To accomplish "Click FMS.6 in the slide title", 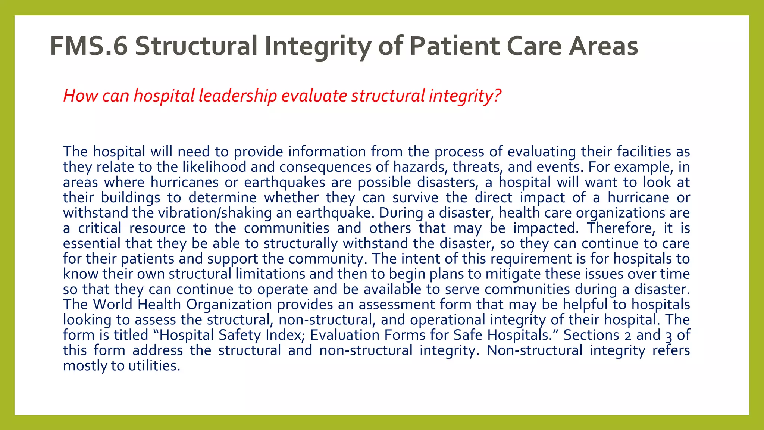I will [89, 46].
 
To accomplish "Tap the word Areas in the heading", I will [603, 46].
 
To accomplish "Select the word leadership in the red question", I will [237, 96].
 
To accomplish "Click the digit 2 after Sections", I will [628, 335].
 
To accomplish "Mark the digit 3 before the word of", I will [668, 335].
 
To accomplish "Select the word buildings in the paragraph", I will [131, 197].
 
